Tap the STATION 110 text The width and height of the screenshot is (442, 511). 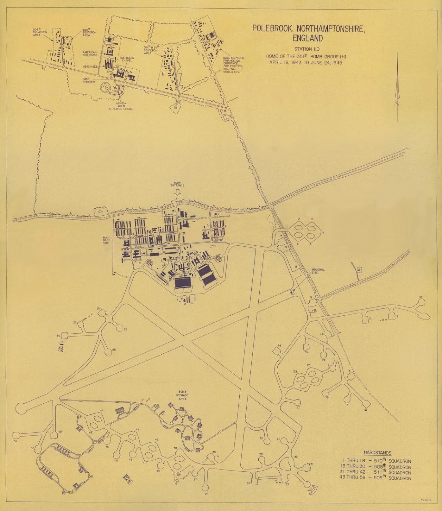pyautogui.click(x=307, y=49)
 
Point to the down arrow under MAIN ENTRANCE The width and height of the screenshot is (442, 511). pyautogui.click(x=177, y=193)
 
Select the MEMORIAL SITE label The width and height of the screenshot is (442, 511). pyautogui.click(x=318, y=271)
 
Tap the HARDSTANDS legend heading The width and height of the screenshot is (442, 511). pyautogui.click(x=377, y=453)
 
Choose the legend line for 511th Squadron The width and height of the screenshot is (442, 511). pyautogui.click(x=377, y=472)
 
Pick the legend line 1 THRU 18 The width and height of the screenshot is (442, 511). pyautogui.click(x=377, y=461)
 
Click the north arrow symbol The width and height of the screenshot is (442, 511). pyautogui.click(x=397, y=86)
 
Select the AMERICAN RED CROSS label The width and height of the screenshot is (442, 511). pyautogui.click(x=90, y=54)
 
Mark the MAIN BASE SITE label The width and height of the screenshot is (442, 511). pyautogui.click(x=106, y=240)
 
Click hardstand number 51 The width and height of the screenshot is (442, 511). pyautogui.click(x=15, y=441)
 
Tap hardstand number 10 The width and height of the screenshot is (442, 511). pyautogui.click(x=420, y=297)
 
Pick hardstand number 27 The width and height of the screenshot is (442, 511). pyautogui.click(x=298, y=407)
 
